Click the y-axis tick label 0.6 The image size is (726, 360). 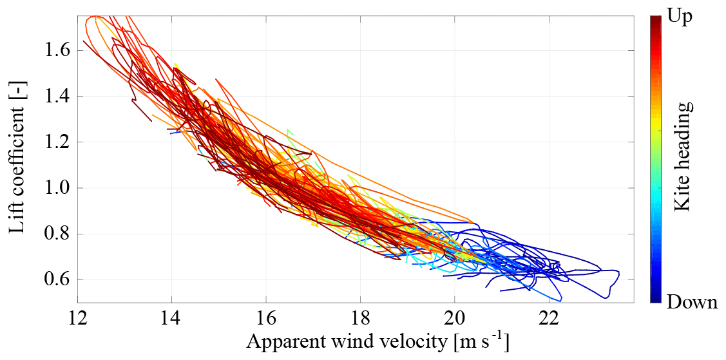[56, 280]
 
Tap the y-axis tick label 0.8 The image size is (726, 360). [56, 234]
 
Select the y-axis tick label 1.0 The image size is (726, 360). [56, 188]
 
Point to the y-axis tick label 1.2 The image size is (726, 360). [56, 142]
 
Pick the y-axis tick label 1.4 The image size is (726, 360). [56, 96]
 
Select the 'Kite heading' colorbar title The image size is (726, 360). [683, 156]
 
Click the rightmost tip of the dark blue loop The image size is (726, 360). [619, 276]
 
